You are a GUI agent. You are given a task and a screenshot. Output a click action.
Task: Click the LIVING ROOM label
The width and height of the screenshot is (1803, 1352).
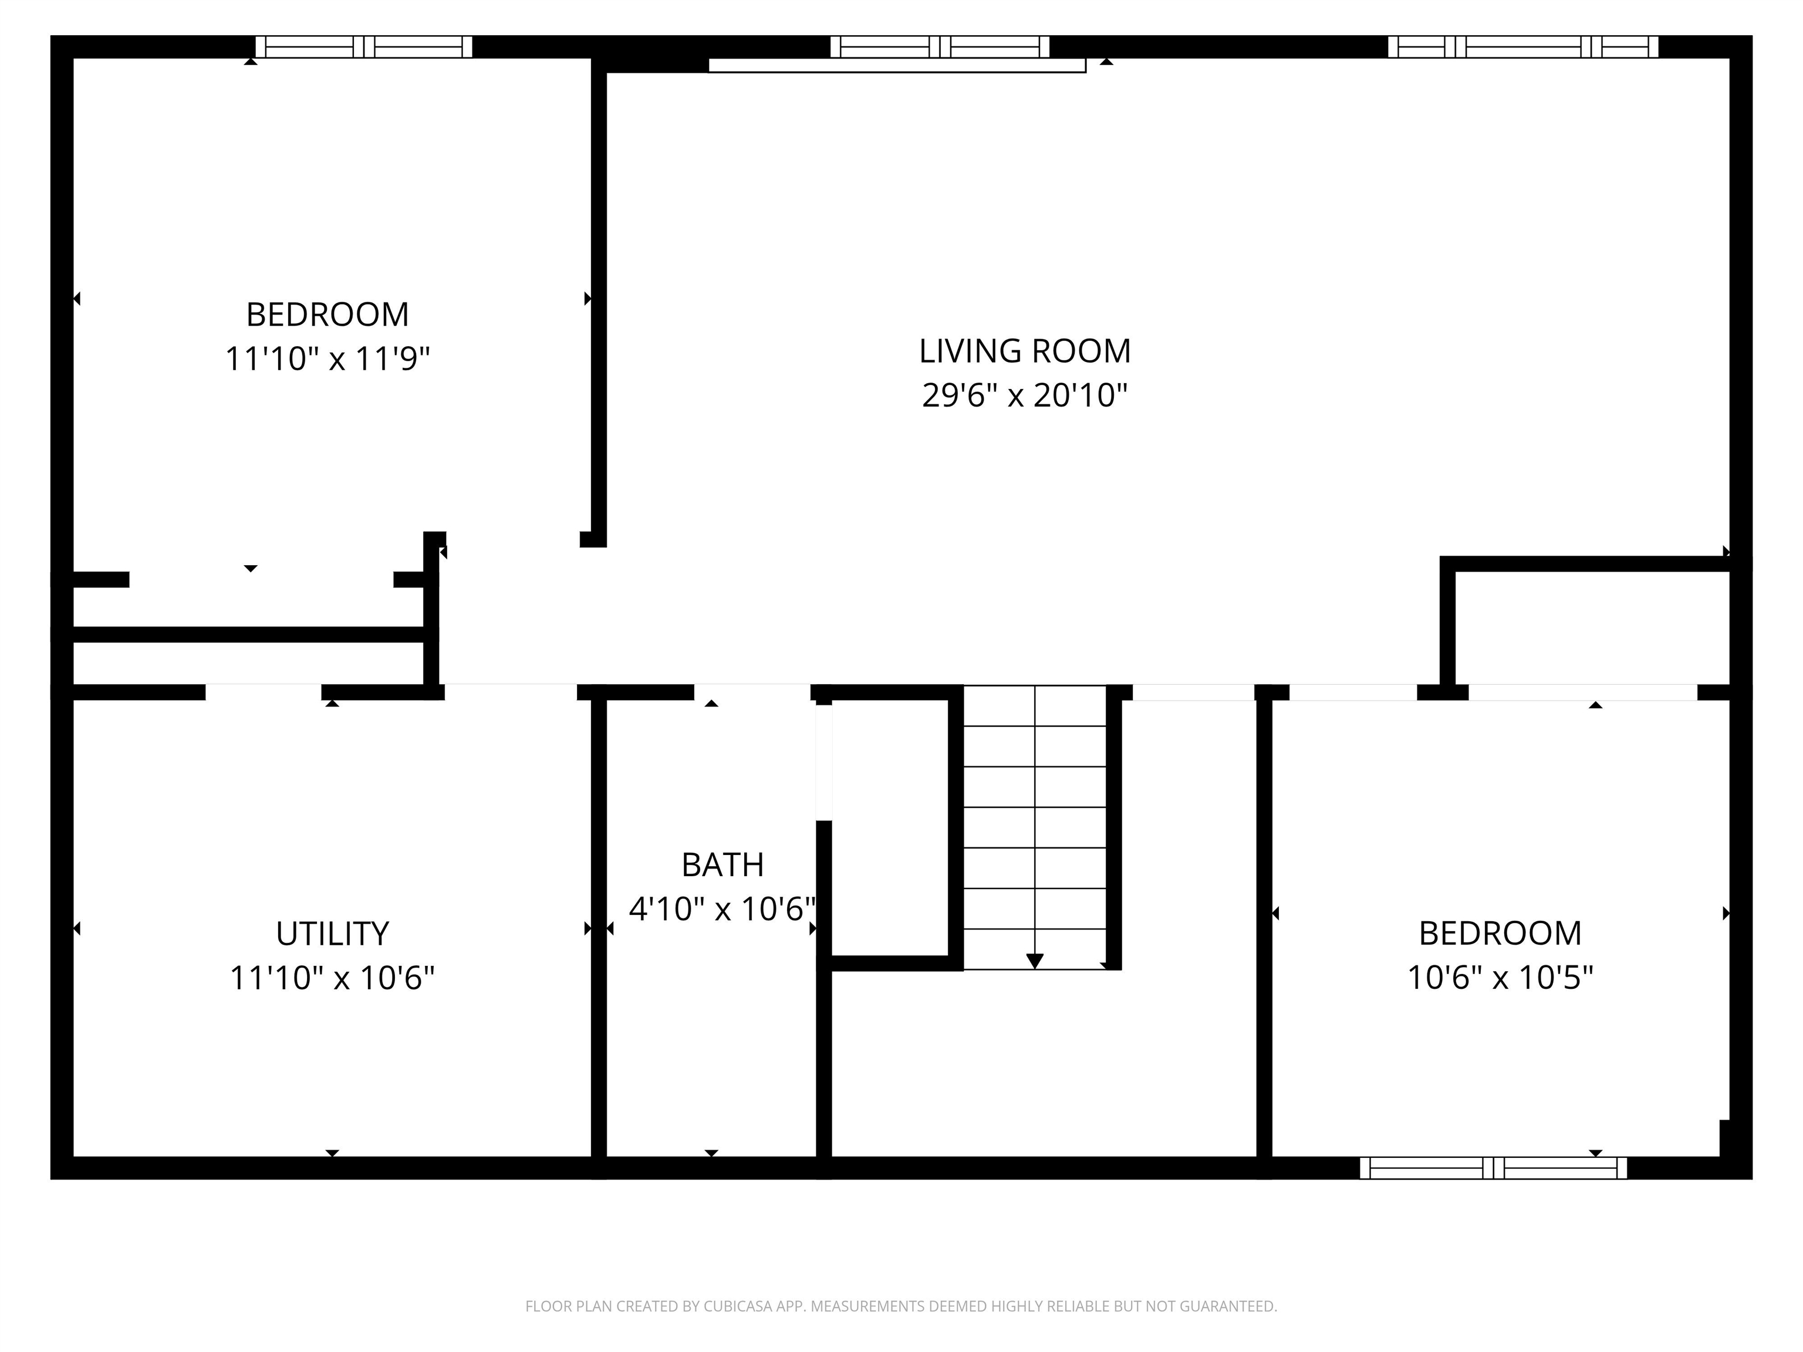click(1025, 351)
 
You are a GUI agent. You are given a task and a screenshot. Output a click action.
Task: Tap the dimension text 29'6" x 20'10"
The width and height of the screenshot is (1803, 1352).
click(1025, 396)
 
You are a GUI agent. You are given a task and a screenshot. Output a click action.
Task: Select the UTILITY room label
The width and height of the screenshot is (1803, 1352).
click(332, 934)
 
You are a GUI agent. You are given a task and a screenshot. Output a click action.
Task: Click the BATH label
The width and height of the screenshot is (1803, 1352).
click(722, 866)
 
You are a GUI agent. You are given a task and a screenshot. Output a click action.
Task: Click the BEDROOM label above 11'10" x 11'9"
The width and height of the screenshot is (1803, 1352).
click(327, 315)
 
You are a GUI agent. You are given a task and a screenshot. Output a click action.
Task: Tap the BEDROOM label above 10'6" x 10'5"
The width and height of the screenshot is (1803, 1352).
click(1500, 934)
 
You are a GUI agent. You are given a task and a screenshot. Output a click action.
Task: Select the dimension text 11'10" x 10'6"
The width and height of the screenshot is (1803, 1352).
click(332, 978)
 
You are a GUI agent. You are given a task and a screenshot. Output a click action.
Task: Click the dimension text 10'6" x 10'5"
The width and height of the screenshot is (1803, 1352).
click(1500, 978)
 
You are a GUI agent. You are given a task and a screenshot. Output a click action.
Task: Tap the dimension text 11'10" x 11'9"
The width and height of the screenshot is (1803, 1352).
click(327, 359)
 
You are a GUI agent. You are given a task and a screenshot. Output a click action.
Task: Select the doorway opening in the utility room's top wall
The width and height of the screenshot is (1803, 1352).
click(264, 692)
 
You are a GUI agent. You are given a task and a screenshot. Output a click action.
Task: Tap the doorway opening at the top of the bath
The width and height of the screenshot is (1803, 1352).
click(751, 692)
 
